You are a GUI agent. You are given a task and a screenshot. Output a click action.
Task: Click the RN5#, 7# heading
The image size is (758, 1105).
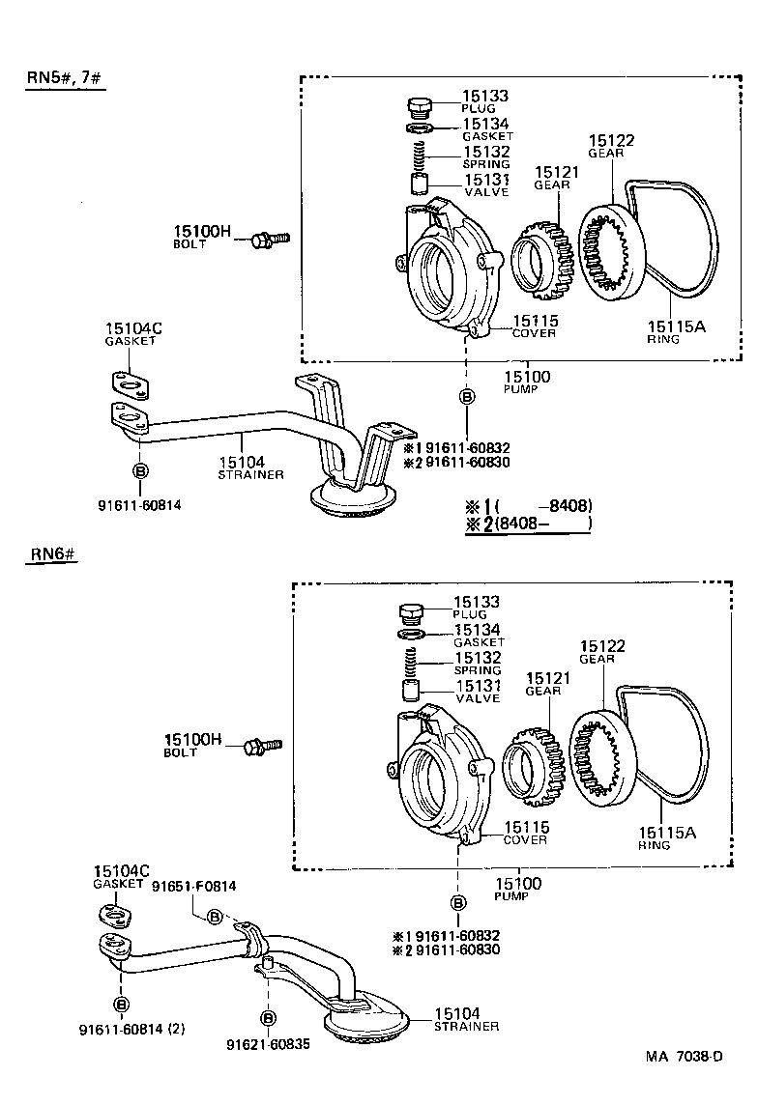65,77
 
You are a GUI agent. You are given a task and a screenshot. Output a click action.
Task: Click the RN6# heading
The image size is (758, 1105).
52,554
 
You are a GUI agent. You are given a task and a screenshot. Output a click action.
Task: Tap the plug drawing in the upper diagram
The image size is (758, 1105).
420,105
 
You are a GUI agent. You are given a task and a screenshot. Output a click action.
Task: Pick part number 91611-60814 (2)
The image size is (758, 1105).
131,1030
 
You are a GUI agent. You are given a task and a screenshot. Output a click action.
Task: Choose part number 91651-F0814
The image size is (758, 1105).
193,886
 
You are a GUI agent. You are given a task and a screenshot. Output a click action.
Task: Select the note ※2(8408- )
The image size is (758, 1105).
528,524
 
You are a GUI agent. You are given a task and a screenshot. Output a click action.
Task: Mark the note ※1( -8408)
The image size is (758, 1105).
528,505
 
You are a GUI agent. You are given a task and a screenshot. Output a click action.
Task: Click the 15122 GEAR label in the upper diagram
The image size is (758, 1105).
611,146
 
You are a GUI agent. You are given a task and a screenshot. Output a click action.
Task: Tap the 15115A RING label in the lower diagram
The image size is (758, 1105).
665,836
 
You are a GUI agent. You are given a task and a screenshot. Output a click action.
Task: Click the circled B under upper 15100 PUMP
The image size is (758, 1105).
467,396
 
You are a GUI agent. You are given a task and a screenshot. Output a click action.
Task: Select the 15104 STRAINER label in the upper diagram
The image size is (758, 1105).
250,467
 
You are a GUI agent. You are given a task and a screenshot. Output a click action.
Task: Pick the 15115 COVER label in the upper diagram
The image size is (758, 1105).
534,326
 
